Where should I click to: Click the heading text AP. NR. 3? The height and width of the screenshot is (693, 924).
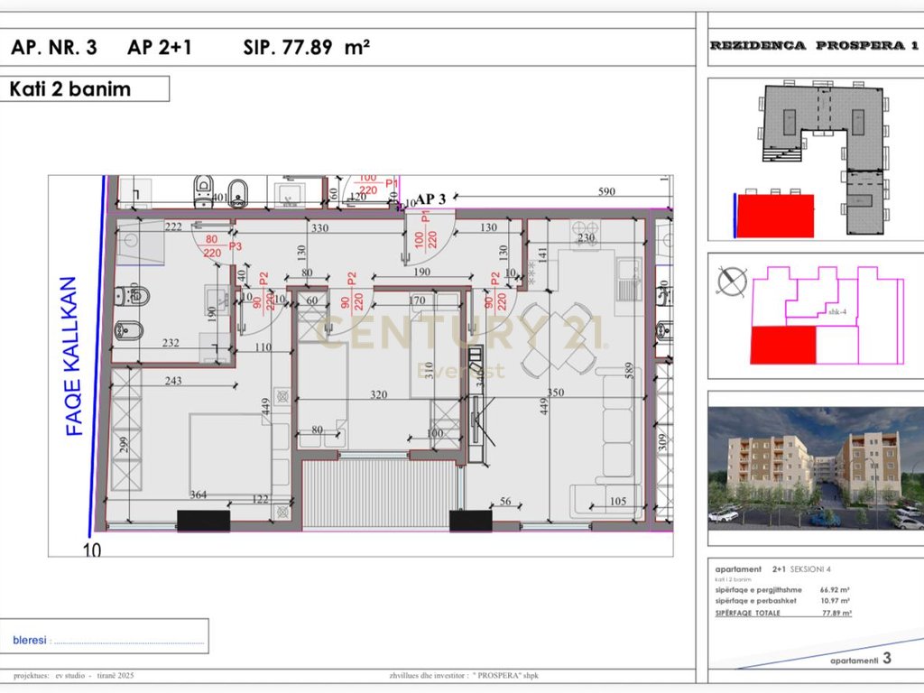coord(54,48)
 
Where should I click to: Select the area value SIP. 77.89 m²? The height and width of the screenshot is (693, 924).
coord(307,48)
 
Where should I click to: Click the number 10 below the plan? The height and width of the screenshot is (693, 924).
coord(92,549)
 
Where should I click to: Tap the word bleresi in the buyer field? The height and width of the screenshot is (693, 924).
coord(31,640)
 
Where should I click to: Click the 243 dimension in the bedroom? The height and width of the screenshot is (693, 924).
coord(173,381)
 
